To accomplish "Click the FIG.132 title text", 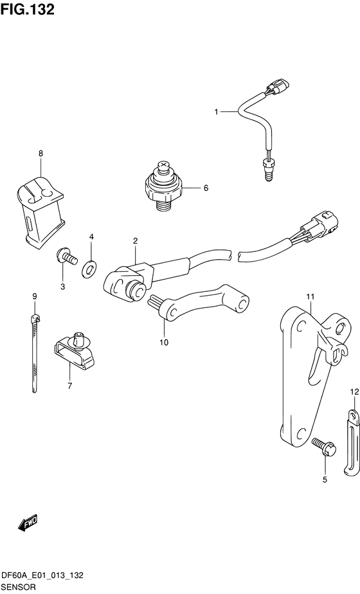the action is pyautogui.click(x=27, y=10).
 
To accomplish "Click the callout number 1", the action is pyautogui.click(x=217, y=112).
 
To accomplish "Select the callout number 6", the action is pyautogui.click(x=206, y=188).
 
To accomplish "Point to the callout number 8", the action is pyautogui.click(x=40, y=154).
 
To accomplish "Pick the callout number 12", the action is pyautogui.click(x=354, y=392).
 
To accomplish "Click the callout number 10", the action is pyautogui.click(x=164, y=343).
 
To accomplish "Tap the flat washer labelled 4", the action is pyautogui.click(x=89, y=269).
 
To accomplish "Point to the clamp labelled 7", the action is pyautogui.click(x=75, y=350).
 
